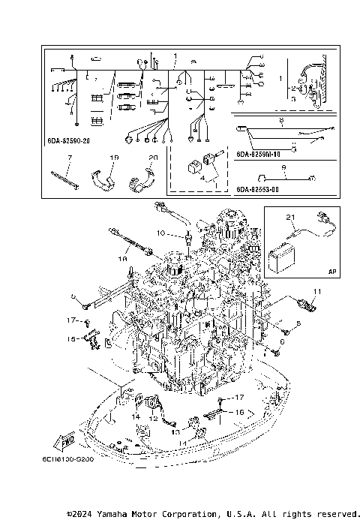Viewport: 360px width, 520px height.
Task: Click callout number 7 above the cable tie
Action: (69, 158)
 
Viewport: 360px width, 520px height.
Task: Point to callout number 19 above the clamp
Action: (115, 158)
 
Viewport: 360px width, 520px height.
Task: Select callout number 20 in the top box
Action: (153, 158)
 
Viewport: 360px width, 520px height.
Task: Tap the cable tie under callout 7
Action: (65, 181)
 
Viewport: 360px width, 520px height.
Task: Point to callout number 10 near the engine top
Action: (160, 233)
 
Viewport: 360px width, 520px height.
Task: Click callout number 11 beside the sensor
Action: (316, 291)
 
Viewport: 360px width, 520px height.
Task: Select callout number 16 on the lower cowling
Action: (238, 413)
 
